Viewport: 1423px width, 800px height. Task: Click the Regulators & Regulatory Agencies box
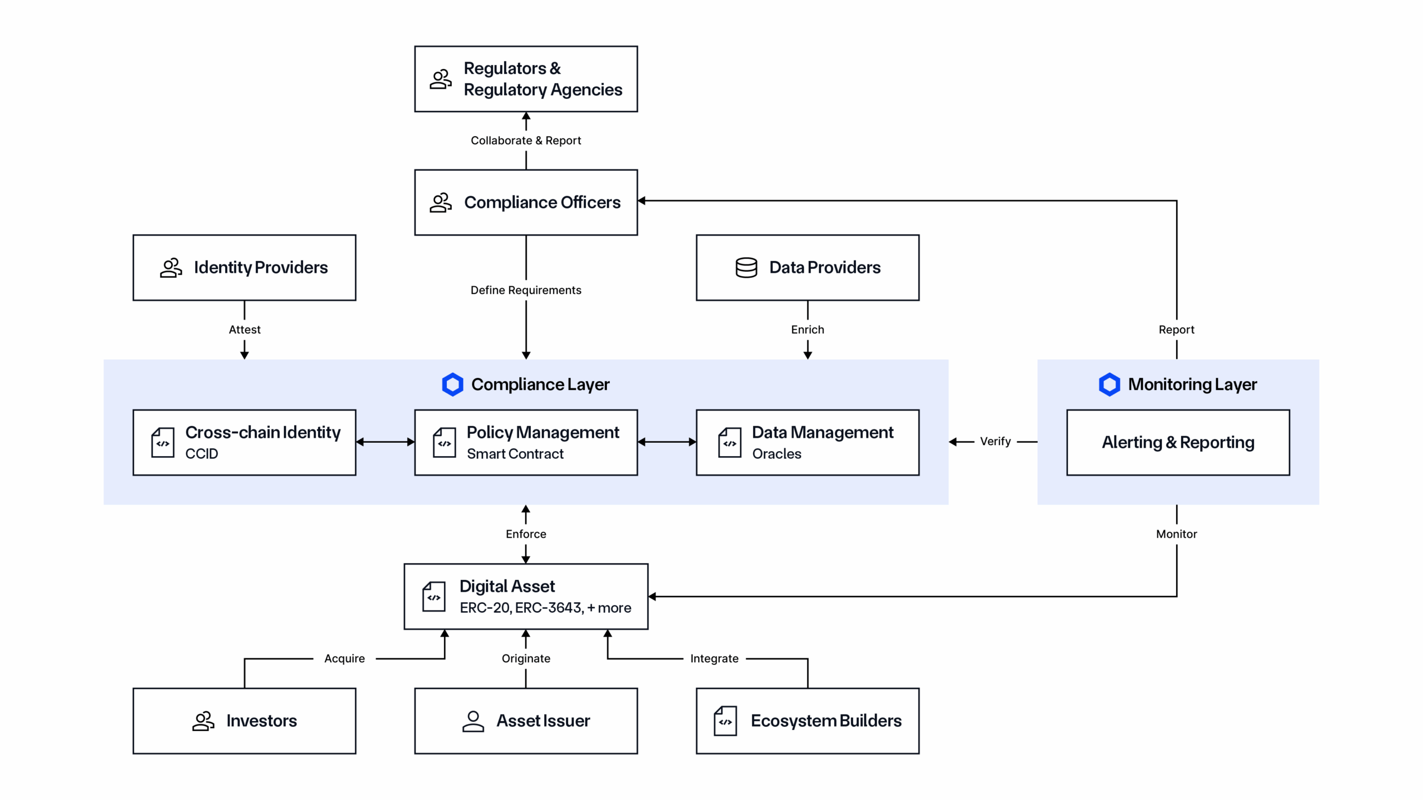point(526,79)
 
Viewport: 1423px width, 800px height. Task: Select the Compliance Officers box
point(526,202)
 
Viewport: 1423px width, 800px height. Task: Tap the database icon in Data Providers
point(746,267)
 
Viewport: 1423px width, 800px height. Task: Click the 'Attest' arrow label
point(245,329)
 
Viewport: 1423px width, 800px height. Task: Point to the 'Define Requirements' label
point(526,290)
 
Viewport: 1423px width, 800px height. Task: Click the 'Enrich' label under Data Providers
point(808,329)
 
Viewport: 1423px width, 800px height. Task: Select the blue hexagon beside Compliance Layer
point(452,384)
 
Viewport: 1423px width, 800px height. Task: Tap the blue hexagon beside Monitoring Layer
point(1109,384)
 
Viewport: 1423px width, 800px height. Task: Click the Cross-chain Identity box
point(245,442)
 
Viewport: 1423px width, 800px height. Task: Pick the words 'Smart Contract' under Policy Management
point(515,454)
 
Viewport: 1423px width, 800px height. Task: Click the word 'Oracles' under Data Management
point(777,454)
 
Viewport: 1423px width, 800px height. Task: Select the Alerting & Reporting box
point(1178,442)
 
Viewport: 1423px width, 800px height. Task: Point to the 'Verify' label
point(995,441)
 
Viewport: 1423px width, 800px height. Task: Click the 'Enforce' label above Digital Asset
point(526,534)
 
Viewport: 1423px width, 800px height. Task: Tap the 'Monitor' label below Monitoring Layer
point(1176,534)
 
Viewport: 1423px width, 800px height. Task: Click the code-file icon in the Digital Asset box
point(434,597)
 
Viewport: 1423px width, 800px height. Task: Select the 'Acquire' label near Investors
point(345,658)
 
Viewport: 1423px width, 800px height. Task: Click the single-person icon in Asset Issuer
point(473,721)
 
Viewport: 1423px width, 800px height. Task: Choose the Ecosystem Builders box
point(808,721)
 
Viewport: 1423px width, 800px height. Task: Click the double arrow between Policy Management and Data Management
point(666,442)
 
